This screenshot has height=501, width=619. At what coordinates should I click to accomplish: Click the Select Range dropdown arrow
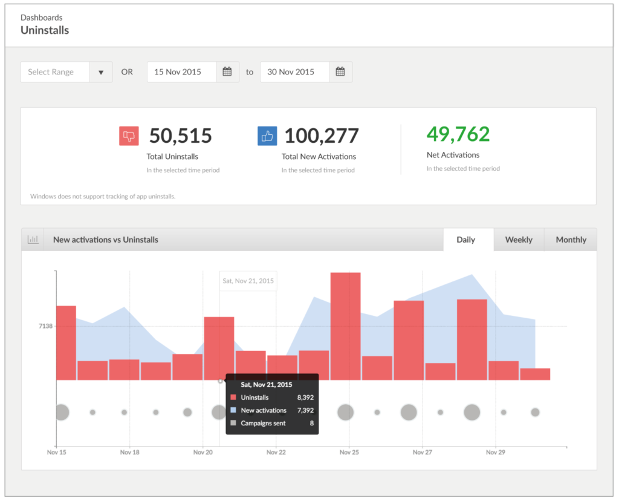pyautogui.click(x=101, y=72)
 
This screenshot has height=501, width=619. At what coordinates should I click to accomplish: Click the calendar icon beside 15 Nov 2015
pyautogui.click(x=227, y=71)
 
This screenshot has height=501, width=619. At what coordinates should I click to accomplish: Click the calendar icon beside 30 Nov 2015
pyautogui.click(x=340, y=71)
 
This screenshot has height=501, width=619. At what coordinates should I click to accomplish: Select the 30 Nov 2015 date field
pyautogui.click(x=295, y=71)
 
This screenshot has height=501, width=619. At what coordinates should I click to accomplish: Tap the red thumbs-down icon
pyautogui.click(x=129, y=136)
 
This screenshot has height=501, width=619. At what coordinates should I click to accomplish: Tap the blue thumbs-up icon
pyautogui.click(x=267, y=136)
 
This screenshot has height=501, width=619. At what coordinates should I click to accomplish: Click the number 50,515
pyautogui.click(x=180, y=136)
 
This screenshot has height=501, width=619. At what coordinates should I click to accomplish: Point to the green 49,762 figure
pyautogui.click(x=458, y=134)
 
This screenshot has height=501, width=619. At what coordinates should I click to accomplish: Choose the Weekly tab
pyautogui.click(x=519, y=240)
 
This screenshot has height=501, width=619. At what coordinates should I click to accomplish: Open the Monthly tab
pyautogui.click(x=571, y=240)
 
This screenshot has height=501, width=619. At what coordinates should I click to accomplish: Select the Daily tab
pyautogui.click(x=465, y=240)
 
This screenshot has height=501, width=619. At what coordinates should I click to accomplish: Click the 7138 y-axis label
pyautogui.click(x=45, y=326)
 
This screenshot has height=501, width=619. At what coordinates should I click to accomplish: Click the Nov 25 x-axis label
pyautogui.click(x=349, y=452)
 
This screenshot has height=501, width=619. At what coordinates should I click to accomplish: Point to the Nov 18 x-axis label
pyautogui.click(x=130, y=452)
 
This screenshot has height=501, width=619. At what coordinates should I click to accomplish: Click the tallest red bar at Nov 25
pyautogui.click(x=346, y=327)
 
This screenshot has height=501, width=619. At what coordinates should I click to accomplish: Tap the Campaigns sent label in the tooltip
pyautogui.click(x=263, y=423)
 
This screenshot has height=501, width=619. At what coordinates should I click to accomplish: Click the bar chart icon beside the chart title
pyautogui.click(x=33, y=240)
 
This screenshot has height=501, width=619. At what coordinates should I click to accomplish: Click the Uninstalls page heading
pyautogui.click(x=45, y=30)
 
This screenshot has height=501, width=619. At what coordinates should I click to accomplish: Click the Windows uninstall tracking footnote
pyautogui.click(x=103, y=196)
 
